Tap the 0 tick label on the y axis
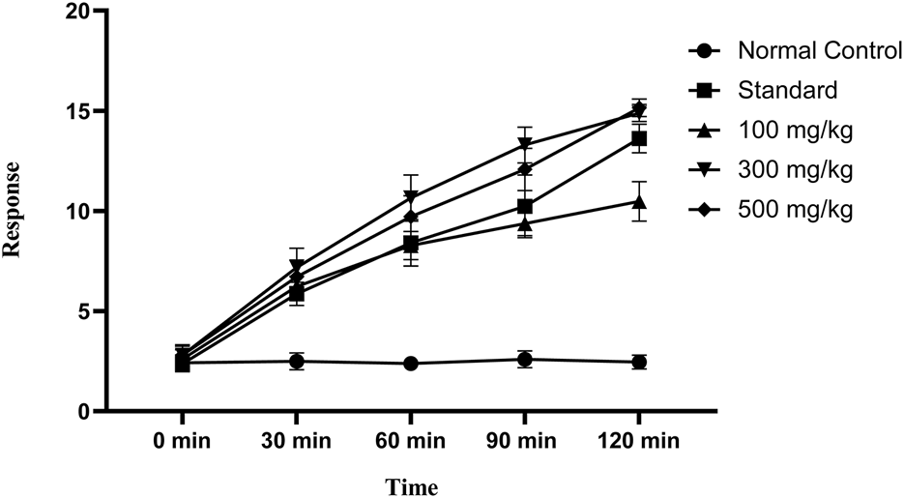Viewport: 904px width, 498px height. (x=85, y=412)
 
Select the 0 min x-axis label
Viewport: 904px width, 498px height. (x=182, y=441)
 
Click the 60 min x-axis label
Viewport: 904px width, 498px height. (x=410, y=441)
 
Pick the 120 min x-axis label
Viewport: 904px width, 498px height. (x=638, y=441)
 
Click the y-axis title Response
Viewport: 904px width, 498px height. (x=14, y=210)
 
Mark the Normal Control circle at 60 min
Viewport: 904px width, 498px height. (x=411, y=364)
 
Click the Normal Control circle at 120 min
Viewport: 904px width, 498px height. (x=639, y=362)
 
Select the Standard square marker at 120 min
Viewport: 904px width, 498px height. (x=639, y=138)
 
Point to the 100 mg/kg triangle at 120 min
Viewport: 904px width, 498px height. (x=639, y=201)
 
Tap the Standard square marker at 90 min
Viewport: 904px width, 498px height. (x=525, y=206)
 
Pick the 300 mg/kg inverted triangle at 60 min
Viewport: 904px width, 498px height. (x=411, y=197)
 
